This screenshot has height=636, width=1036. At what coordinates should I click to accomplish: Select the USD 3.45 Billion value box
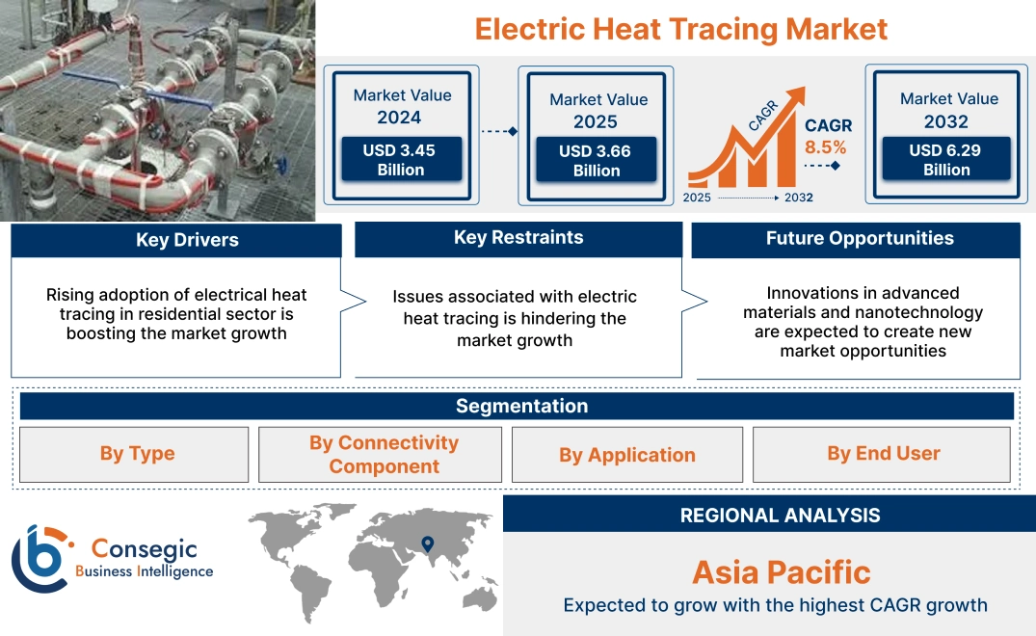pyautogui.click(x=400, y=160)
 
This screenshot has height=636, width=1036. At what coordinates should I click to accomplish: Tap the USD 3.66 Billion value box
pyautogui.click(x=597, y=161)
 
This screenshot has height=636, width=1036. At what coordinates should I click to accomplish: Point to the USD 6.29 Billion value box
pyautogui.click(x=946, y=160)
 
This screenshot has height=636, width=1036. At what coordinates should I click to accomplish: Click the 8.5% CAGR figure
pyautogui.click(x=825, y=147)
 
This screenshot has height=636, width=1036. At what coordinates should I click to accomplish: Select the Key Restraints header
pyautogui.click(x=518, y=238)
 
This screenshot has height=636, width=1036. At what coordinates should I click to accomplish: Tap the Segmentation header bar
pyautogui.click(x=521, y=406)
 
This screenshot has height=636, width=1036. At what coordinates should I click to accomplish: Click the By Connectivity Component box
pyautogui.click(x=383, y=454)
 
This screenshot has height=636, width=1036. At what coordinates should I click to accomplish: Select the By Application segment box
pyautogui.click(x=626, y=455)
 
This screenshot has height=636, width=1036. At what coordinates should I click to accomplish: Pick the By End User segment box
pyautogui.click(x=883, y=454)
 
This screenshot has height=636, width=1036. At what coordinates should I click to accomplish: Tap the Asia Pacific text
pyautogui.click(x=781, y=572)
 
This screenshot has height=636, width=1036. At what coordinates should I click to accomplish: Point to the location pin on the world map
pyautogui.click(x=427, y=545)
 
